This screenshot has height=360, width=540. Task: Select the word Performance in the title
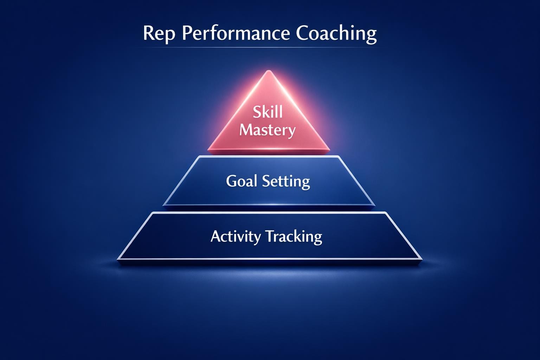236,34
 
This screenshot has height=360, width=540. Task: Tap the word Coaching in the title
336,34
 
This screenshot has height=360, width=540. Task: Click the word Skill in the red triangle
268,112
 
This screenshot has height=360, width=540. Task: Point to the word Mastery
268,130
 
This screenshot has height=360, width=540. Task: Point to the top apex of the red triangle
269,71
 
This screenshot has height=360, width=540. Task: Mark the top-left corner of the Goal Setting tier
200,157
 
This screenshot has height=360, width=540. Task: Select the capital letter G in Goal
232,181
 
